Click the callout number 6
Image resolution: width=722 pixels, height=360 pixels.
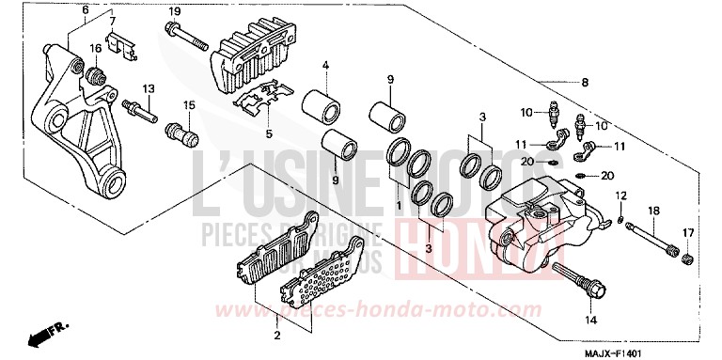(x=86, y=10)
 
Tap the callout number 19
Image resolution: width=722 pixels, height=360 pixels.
(x=174, y=10)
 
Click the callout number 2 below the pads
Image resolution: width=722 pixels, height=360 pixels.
(x=276, y=335)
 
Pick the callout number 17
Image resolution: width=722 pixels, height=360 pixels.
(x=688, y=233)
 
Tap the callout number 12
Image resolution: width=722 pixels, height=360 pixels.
(x=620, y=195)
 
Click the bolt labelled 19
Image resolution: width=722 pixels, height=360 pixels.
(x=188, y=39)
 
